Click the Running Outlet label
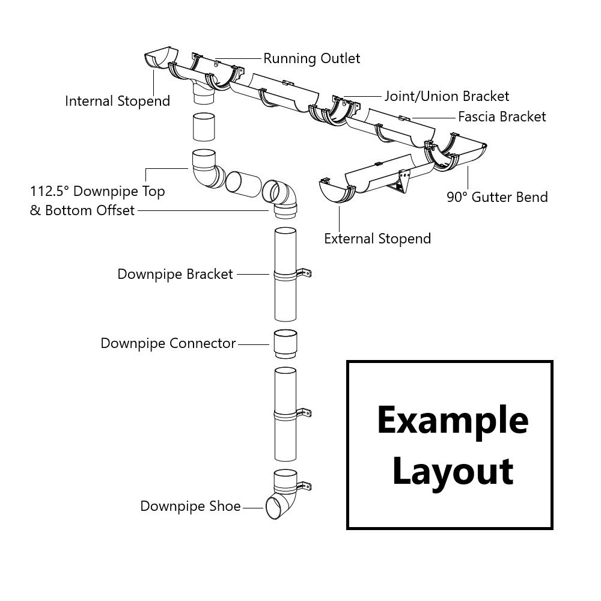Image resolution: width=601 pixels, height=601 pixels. [x=311, y=58]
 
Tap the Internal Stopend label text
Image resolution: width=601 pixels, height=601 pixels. [x=117, y=101]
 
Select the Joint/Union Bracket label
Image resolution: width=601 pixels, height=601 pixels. [x=447, y=96]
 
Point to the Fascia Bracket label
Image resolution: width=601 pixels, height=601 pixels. [x=502, y=117]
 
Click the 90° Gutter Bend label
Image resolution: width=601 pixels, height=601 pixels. [x=497, y=197]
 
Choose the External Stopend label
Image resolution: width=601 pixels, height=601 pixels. [x=377, y=239]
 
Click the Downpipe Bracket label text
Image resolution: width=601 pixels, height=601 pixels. [x=175, y=275]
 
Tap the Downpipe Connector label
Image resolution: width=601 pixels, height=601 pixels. [x=168, y=344]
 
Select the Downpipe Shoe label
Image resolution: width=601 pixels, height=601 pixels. [x=191, y=507]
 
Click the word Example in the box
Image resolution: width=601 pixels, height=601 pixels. [x=452, y=420]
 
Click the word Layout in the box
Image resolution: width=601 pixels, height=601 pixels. [x=452, y=471]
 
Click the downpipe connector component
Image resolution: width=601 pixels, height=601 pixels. [x=285, y=345]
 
